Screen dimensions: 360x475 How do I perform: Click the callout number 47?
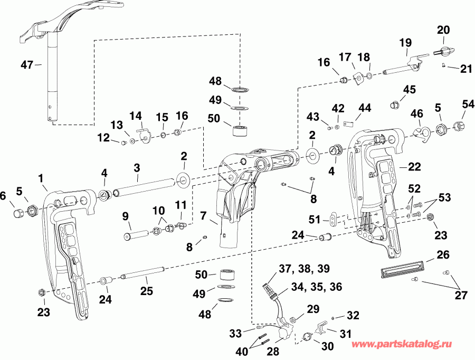(x=27, y=65)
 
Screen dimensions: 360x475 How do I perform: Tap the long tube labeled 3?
(x=145, y=187)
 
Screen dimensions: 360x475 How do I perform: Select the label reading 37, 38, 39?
(x=305, y=269)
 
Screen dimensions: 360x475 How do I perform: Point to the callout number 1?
(x=42, y=179)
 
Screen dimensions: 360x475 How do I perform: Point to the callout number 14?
(x=136, y=115)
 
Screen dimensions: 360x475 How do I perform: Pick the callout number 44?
(x=364, y=108)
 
